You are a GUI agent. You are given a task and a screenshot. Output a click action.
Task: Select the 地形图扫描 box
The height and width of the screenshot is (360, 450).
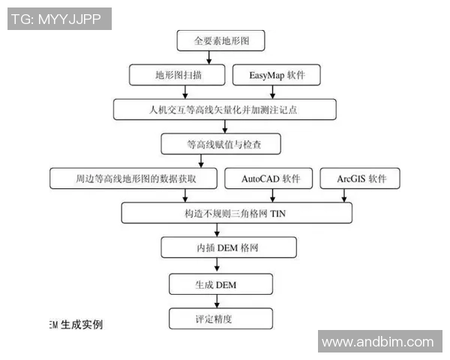tap(177, 75)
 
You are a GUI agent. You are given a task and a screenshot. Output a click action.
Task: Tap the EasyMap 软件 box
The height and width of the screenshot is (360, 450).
tap(275, 75)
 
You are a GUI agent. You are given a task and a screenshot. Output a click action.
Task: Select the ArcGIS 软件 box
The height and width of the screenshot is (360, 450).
tap(359, 178)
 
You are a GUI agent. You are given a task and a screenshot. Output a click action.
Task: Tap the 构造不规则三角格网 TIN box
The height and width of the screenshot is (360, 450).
tap(236, 213)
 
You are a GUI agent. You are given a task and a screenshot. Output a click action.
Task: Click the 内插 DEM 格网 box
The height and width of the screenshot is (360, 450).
tap(217, 247)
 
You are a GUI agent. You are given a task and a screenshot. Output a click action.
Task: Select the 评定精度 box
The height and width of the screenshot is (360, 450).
tap(217, 318)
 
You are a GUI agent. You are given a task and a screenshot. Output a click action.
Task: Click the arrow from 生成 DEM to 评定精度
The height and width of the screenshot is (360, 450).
tap(217, 301)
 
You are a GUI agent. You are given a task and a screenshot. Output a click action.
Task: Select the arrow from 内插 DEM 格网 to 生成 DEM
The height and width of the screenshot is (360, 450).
tap(217, 265)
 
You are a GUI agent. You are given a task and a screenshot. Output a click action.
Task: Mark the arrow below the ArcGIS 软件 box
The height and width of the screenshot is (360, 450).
tap(344, 196)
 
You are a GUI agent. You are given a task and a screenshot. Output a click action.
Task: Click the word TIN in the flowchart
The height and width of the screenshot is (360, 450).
tap(277, 213)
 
